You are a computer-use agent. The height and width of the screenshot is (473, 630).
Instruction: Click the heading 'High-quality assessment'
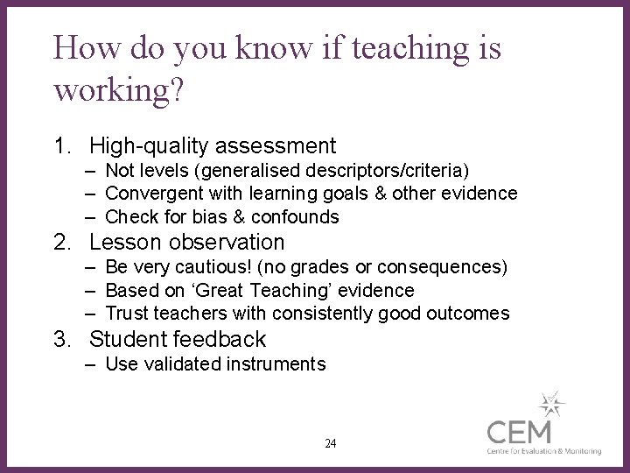coord(213,145)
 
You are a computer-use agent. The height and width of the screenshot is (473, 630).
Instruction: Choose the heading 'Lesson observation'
coord(187,242)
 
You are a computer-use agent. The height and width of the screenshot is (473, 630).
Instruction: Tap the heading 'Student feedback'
coord(178,339)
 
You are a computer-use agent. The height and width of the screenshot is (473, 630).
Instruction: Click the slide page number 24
coord(330,443)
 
